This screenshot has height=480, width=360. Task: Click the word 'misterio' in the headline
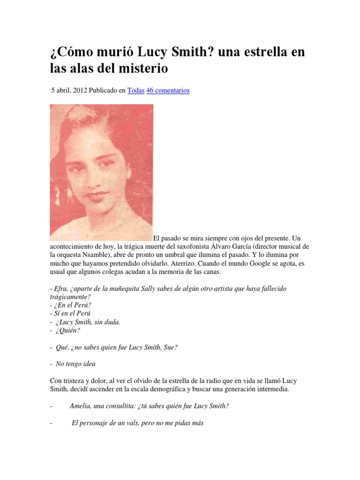click(141, 68)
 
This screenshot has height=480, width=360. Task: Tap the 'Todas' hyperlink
click(136, 90)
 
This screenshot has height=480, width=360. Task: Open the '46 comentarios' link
click(168, 90)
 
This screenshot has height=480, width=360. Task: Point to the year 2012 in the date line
click(82, 90)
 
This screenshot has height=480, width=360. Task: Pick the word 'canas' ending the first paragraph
click(215, 272)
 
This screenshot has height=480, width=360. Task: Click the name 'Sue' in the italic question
click(170, 347)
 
